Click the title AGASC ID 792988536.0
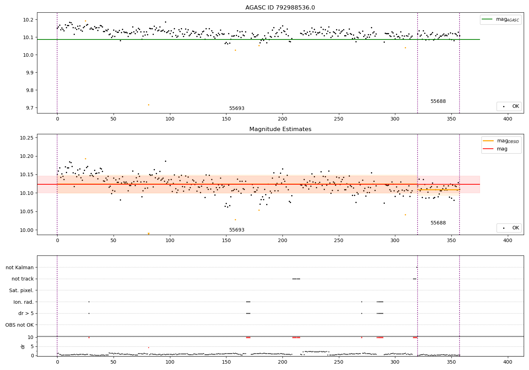point(280,8)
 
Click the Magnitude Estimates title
point(280,129)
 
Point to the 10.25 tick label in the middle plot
point(26,138)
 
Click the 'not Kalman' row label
point(19,267)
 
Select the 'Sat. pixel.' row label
point(21,290)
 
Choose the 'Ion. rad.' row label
point(23,302)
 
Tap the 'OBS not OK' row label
point(19,325)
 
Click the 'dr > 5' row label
point(26,313)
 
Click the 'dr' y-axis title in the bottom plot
point(23,346)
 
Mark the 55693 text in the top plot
point(237,109)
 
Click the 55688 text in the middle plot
point(438,223)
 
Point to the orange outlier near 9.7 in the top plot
point(148,105)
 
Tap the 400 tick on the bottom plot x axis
point(507,363)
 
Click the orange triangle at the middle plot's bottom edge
point(148,233)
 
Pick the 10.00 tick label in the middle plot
point(26,230)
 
